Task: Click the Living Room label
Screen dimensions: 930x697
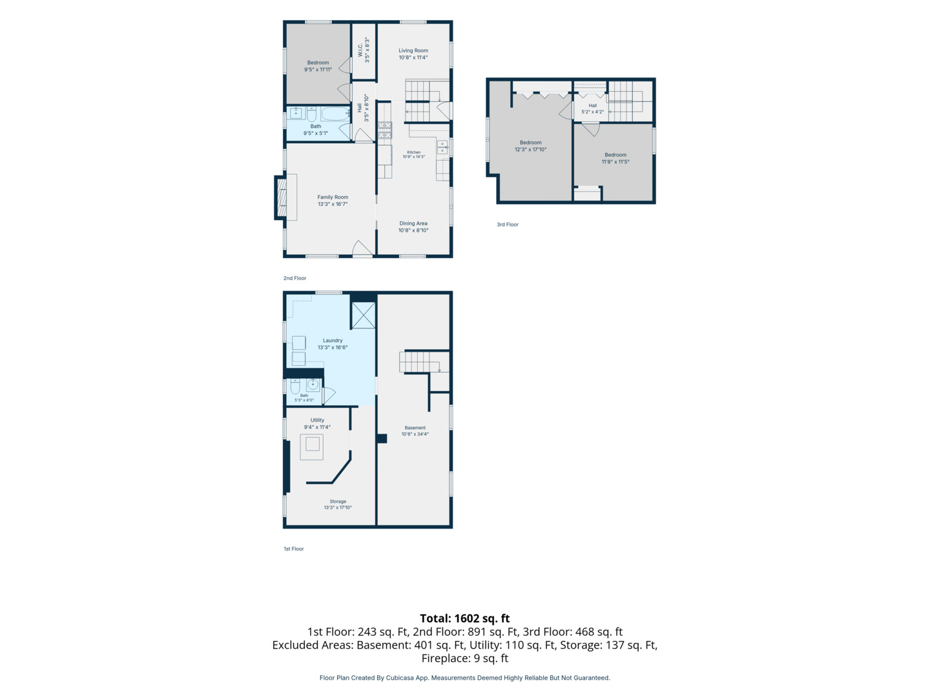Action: click(413, 51)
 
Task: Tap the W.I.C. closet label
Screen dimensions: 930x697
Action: click(360, 50)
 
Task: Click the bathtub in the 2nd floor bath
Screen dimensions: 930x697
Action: click(335, 114)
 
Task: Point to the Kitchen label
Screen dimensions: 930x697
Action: click(414, 152)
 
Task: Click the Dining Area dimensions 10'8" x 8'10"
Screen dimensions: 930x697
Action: click(413, 230)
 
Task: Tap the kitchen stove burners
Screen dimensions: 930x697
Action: click(385, 130)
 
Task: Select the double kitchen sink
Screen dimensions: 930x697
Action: click(442, 147)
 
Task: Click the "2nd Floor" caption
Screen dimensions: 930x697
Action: click(295, 278)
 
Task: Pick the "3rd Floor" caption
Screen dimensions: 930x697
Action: click(508, 225)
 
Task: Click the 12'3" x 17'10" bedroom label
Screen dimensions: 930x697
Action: click(530, 146)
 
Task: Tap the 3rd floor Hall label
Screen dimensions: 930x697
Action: click(593, 106)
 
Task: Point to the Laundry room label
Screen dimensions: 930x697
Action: click(333, 340)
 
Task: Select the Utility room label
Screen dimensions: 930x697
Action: click(317, 420)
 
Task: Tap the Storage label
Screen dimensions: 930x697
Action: click(338, 501)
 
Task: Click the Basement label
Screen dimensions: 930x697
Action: click(415, 428)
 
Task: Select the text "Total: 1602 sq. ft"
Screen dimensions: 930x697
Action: click(465, 619)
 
